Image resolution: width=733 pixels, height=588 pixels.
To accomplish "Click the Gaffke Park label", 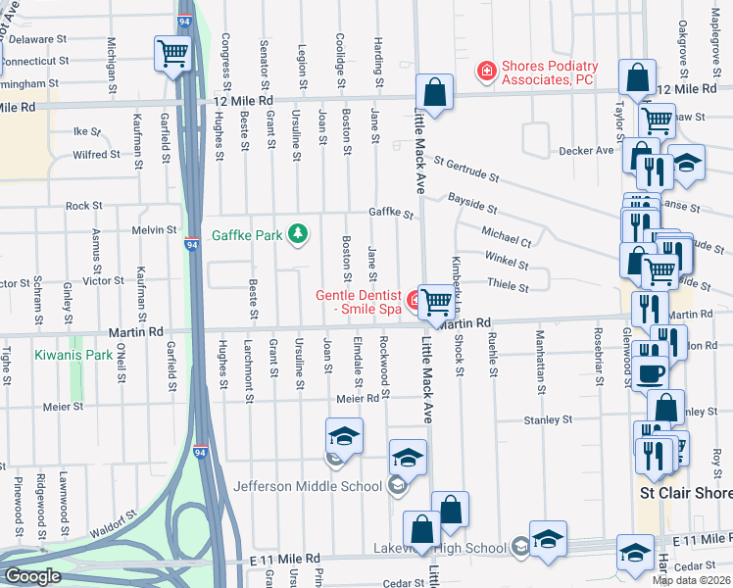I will tap(248, 235).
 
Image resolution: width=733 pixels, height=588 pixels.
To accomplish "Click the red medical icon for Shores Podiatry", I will tap(485, 71).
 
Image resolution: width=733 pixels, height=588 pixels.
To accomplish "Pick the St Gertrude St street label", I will tap(466, 170).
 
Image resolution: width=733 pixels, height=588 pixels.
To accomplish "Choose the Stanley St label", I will tap(548, 419).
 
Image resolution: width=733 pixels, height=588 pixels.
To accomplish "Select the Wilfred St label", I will tap(96, 155).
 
